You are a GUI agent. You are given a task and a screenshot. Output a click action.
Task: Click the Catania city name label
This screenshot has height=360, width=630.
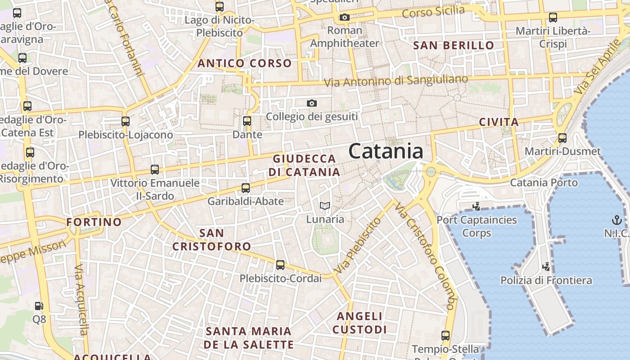pos(386,151)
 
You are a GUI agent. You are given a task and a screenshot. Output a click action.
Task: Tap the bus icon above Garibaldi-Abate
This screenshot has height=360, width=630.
pos(246,188)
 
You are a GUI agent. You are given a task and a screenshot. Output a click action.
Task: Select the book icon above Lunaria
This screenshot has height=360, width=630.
pos(325,207)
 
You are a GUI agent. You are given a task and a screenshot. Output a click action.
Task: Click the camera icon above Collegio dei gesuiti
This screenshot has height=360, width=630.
pos(311,103)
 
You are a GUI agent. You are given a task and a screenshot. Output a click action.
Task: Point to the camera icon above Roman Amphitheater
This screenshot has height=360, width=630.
pos(344,18)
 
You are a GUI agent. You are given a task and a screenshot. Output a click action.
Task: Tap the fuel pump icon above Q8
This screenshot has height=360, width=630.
pos(39,306)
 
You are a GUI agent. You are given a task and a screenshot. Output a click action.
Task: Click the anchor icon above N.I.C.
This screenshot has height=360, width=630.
pos(616,220)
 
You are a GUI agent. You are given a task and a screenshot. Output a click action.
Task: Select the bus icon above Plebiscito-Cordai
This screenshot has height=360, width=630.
pos(280,265)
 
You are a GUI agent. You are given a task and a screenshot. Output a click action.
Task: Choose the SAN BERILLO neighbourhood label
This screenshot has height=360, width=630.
pos(454,45)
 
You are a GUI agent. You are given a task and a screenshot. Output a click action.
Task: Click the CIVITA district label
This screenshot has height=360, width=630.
pos(499,122)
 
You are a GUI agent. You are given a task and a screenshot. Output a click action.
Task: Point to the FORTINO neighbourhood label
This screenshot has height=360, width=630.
pos(94,222)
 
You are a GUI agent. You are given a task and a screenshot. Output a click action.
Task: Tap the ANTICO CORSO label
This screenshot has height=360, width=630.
pos(245,63)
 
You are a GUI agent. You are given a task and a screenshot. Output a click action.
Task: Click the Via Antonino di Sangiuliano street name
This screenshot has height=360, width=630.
pos(396,81)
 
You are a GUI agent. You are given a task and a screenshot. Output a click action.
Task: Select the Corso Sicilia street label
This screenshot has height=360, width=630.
pos(433,12)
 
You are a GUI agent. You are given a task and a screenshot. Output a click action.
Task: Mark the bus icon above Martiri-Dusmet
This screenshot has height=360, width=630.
pos(562,138)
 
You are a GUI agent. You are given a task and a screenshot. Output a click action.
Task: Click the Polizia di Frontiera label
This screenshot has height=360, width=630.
pos(546,280)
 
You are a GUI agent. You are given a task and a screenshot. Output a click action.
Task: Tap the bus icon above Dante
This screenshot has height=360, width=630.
pos(247,121)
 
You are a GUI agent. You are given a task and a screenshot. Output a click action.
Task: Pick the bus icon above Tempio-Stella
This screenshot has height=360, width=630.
pos(445,336)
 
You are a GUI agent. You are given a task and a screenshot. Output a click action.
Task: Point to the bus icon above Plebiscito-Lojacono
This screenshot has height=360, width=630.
pos(126,121)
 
